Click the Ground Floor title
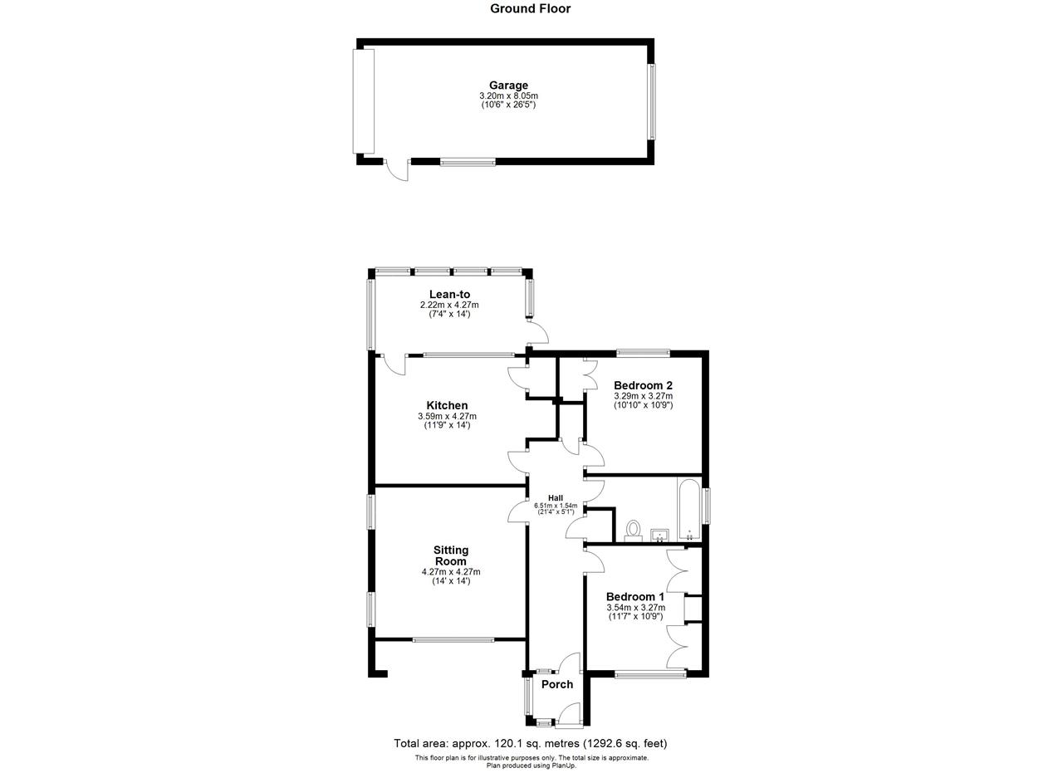pyautogui.click(x=530, y=8)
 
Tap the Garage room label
pyautogui.click(x=508, y=86)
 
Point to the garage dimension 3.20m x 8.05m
pyautogui.click(x=508, y=95)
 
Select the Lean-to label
pyautogui.click(x=449, y=294)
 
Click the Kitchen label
pyautogui.click(x=447, y=405)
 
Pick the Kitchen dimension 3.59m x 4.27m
pyautogui.click(x=447, y=416)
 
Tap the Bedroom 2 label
pyautogui.click(x=643, y=384)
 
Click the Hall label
pyautogui.click(x=556, y=498)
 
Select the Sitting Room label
pyautogui.click(x=451, y=555)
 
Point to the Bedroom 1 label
pyautogui.click(x=635, y=596)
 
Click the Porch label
pyautogui.click(x=557, y=684)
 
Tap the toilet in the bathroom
pyautogui.click(x=633, y=531)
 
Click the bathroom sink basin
pyautogui.click(x=659, y=536)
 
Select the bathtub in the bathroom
pyautogui.click(x=689, y=509)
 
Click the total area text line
pyautogui.click(x=530, y=743)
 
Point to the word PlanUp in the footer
pyautogui.click(x=563, y=766)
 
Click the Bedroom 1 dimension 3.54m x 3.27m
pyautogui.click(x=635, y=608)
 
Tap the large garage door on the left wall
pyautogui.click(x=363, y=101)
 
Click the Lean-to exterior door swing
pyautogui.click(x=538, y=331)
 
